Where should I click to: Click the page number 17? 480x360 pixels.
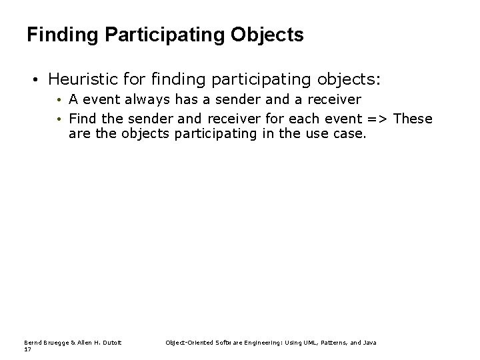(27, 349)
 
